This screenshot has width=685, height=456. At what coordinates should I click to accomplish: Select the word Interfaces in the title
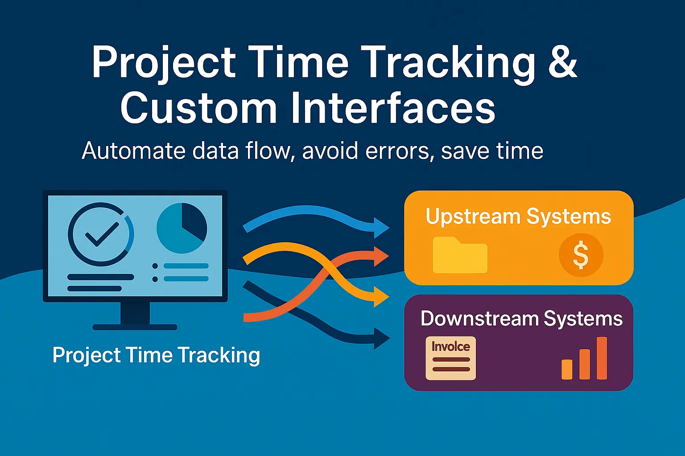coord(393,108)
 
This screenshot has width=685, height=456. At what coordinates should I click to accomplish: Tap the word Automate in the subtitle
coord(134,151)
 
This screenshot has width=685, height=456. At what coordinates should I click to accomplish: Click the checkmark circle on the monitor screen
coord(101,234)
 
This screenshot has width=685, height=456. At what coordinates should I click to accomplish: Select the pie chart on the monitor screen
coord(182,228)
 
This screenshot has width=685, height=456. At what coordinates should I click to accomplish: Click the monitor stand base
coord(135,327)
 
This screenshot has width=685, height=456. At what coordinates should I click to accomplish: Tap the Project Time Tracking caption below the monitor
coord(156,355)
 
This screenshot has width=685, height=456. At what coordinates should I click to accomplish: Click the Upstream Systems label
coord(518,217)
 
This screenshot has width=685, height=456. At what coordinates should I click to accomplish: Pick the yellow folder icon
coord(460,256)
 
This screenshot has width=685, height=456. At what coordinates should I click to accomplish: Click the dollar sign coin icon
coord(581,255)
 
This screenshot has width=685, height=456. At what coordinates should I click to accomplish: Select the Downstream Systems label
coord(521,319)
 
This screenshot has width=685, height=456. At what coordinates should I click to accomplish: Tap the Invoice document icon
coord(450,358)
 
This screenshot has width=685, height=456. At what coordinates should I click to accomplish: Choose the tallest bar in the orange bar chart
coord(602,358)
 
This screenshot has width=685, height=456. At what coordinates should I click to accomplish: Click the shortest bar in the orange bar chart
coord(567,369)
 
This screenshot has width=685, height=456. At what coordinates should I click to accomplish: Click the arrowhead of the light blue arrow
coord(381,228)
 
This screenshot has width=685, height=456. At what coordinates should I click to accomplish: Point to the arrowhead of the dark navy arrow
coord(381,338)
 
